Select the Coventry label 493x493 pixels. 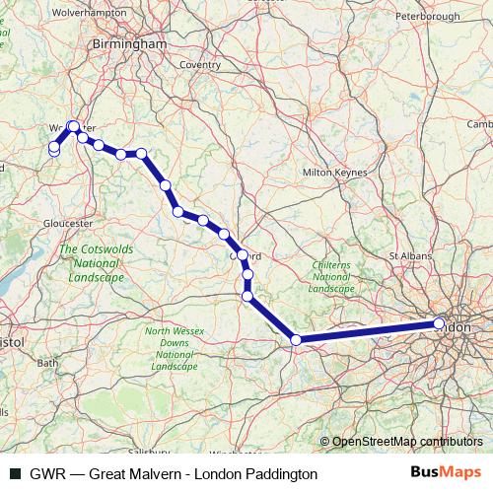200,65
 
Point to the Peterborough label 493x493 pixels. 428,17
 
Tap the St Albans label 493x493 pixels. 409,255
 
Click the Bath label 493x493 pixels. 47,363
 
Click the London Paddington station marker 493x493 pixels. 439,323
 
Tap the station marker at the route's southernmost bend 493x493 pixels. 296,340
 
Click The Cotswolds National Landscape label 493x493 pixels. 92,264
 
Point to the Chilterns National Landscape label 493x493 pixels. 330,277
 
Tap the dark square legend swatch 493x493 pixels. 14,474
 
